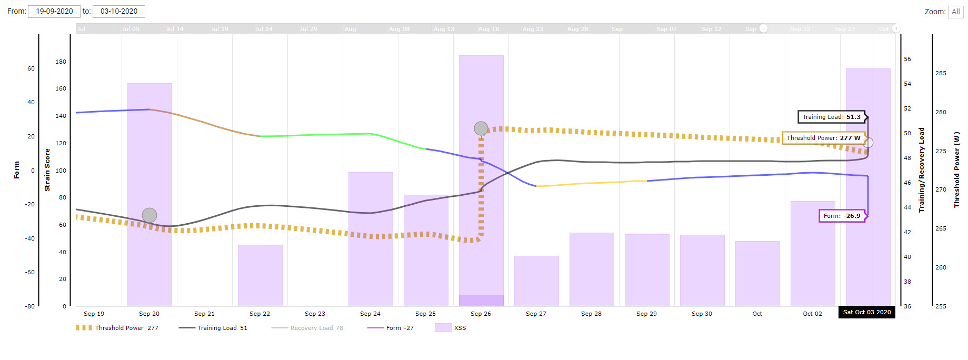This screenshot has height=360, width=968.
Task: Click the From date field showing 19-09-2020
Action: coord(54,11)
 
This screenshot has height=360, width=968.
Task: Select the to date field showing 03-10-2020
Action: coord(119,11)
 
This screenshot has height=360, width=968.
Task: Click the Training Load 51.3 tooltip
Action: coord(831,117)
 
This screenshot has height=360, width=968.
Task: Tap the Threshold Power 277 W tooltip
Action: coord(823,138)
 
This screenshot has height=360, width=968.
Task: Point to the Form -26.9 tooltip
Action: coord(842,216)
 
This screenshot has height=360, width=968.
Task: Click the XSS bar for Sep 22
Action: coord(260,275)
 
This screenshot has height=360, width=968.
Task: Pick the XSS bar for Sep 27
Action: coord(536,281)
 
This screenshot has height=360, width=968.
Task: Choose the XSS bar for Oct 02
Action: coord(812,253)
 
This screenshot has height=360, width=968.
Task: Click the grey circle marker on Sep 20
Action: coord(149,215)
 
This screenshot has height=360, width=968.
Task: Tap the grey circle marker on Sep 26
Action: coord(481,128)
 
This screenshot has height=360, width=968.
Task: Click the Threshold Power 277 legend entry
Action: coord(117,328)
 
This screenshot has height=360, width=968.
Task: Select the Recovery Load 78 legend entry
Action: coord(307,328)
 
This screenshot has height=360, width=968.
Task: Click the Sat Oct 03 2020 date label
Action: coord(867,312)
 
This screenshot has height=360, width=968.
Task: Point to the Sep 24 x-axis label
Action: coord(370,314)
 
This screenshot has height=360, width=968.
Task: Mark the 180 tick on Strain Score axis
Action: coord(61,62)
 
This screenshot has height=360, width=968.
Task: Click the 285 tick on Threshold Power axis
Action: coord(941,73)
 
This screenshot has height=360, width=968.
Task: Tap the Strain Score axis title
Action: coord(47,169)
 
